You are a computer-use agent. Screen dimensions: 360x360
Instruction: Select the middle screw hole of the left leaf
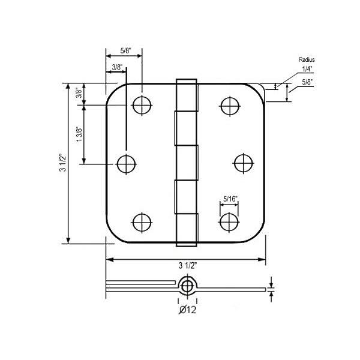127,163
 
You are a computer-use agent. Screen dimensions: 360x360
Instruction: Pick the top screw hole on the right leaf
229,106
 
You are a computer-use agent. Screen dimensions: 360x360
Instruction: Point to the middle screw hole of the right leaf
244,163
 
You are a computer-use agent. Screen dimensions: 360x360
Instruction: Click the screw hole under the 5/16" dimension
229,221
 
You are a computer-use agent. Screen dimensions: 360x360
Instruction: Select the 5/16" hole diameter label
229,197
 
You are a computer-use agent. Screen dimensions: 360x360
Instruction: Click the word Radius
306,61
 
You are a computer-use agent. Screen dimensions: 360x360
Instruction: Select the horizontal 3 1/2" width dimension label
188,266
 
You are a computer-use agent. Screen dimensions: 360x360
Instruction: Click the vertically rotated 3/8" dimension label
79,94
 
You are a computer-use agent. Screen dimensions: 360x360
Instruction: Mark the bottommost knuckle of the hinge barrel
187,232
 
